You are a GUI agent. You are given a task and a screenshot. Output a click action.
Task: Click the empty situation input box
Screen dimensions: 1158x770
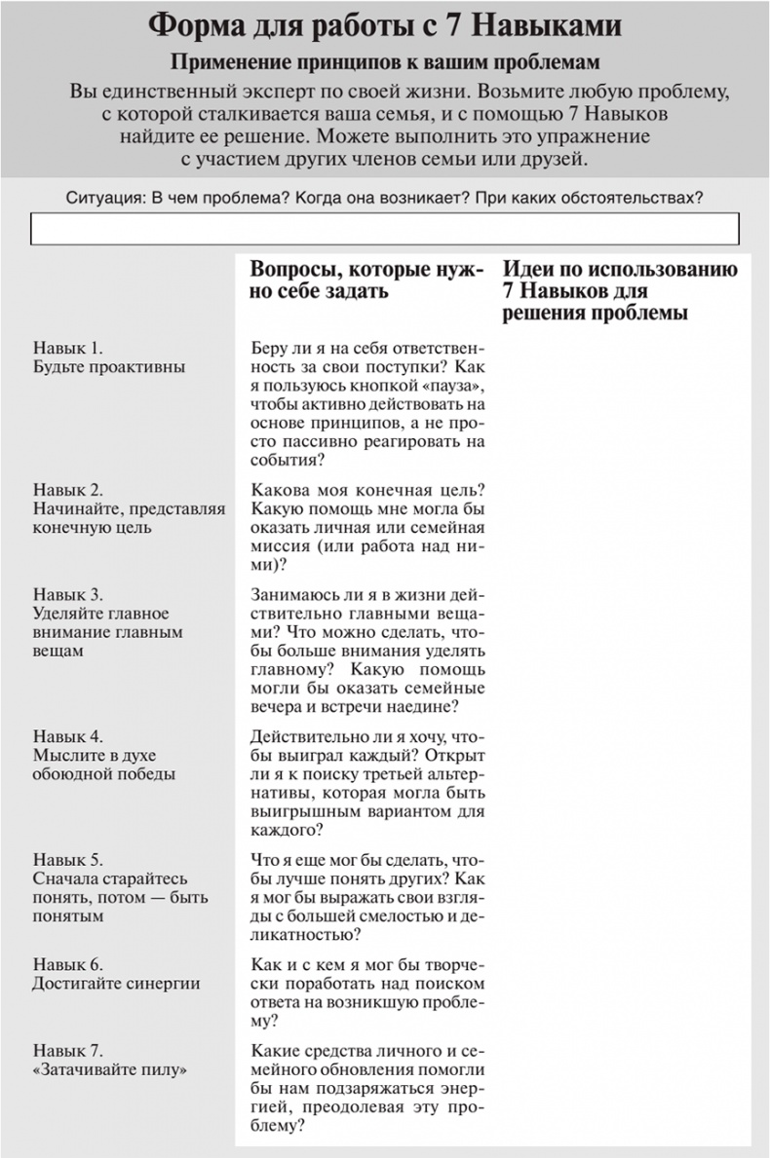tap(385, 228)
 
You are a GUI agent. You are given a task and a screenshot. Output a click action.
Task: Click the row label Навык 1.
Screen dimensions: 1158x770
tap(68, 348)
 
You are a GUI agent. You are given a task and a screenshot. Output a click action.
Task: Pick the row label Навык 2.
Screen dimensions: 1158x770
tap(68, 489)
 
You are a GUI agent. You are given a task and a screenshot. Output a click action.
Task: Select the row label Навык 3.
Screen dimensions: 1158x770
tap(68, 594)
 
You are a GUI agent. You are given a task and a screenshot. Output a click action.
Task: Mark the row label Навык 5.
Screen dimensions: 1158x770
tap(68, 859)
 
